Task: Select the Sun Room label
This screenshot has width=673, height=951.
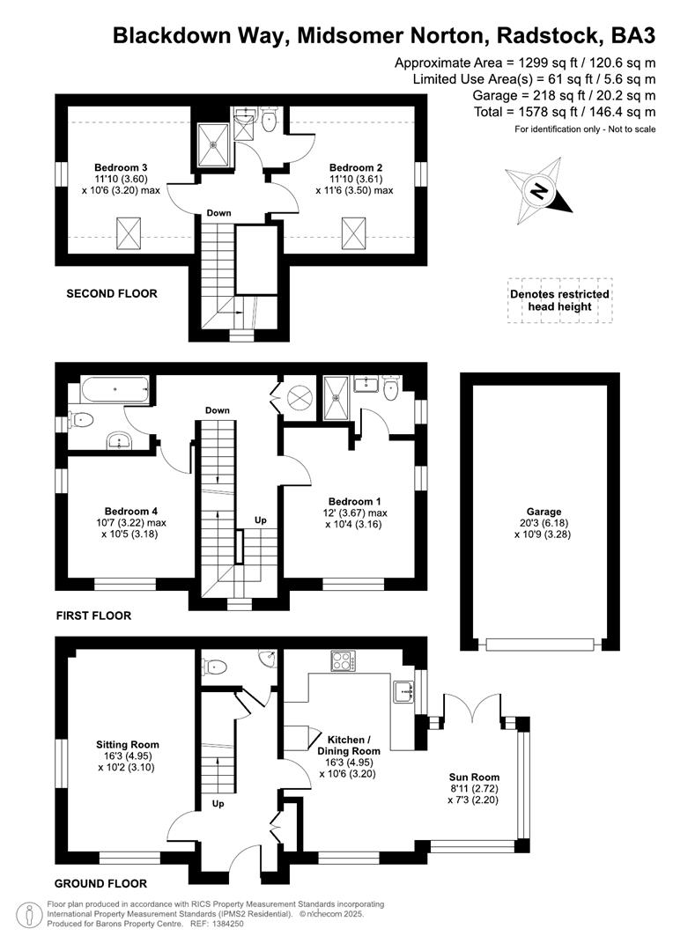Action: click(x=473, y=778)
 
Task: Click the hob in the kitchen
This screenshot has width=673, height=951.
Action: click(x=342, y=660)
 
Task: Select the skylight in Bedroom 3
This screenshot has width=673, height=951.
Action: click(x=128, y=233)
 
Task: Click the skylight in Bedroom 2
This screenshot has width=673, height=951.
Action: click(x=354, y=233)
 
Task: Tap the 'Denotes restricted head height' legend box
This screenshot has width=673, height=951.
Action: click(x=558, y=300)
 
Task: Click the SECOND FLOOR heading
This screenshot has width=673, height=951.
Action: click(x=112, y=293)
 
